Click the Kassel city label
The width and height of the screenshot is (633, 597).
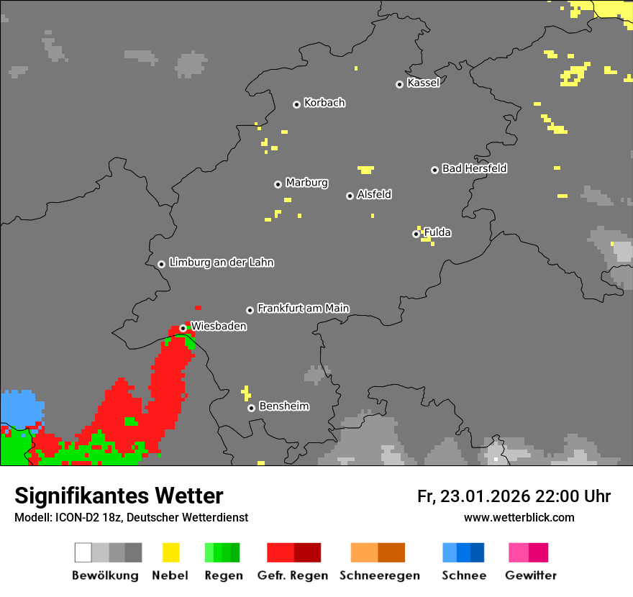coord(423,83)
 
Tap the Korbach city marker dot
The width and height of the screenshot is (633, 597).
coord(296,104)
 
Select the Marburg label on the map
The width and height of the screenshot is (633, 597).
coord(306,183)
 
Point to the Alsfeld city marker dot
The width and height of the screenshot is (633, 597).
coord(350,196)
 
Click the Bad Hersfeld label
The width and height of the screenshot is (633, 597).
coord(474,168)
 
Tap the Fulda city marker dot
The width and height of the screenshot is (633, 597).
coord(416,234)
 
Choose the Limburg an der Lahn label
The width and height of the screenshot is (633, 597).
coord(221,263)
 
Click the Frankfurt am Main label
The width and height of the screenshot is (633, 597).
coord(303,309)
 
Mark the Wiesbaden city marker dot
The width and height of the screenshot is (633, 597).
coord(183,328)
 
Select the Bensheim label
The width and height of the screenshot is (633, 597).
coord(283,406)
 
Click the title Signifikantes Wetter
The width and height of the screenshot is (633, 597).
coord(119,496)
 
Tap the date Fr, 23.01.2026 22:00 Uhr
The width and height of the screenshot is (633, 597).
coord(514,496)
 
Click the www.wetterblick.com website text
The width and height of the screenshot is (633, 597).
coord(519,517)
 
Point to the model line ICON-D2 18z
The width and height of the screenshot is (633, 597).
coord(131,517)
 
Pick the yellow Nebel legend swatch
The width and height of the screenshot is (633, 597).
coord(170,552)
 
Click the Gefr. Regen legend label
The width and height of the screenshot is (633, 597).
coord(292,575)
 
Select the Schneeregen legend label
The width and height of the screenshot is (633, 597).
coord(379,575)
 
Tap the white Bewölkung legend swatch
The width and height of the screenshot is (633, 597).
coord(83,552)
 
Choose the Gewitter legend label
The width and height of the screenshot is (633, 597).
coord(530,575)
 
